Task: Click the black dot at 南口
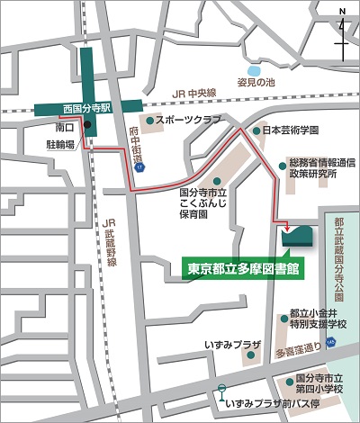click(88, 127)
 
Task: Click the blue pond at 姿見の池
click(252, 69)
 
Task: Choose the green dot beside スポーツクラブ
click(150, 120)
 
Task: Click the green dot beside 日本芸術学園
click(256, 130)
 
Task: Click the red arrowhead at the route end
click(286, 225)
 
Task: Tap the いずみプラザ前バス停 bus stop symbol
click(220, 390)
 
